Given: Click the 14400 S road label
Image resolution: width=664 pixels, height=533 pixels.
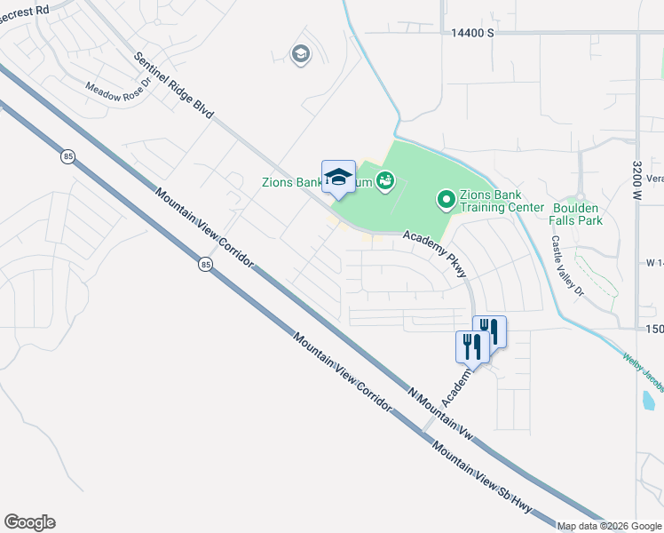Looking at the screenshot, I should point(471,32).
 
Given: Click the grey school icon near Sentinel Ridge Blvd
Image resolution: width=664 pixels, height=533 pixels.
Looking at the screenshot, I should point(301,55).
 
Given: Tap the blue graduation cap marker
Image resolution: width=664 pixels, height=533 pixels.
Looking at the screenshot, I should point(338,177).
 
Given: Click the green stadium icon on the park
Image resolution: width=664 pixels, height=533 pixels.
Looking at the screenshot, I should point(384,182).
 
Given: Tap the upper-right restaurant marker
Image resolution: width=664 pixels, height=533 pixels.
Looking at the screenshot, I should point(489,331).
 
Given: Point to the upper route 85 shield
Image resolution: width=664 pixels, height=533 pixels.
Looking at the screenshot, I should point(68,156).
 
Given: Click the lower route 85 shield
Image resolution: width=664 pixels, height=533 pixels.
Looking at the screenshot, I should point(206,265).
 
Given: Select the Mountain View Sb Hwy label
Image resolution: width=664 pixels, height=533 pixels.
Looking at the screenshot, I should point(479,474).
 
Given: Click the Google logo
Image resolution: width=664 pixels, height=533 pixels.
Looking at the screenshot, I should point(29,522).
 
